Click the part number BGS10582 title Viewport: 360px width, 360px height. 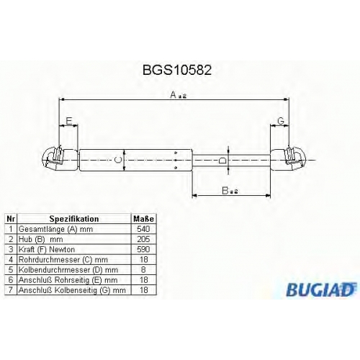pyautogui.click(x=177, y=70)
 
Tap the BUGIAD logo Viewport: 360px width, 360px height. pyautogui.click(x=321, y=289)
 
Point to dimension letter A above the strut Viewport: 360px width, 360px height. pyautogui.click(x=174, y=94)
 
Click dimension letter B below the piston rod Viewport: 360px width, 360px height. pyautogui.click(x=225, y=191)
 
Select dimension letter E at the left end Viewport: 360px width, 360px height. pyautogui.click(x=69, y=121)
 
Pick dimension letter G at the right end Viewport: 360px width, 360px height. pyautogui.click(x=281, y=121)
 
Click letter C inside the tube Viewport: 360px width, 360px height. pyautogui.click(x=117, y=160)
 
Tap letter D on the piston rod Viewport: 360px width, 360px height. pyautogui.click(x=222, y=160)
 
